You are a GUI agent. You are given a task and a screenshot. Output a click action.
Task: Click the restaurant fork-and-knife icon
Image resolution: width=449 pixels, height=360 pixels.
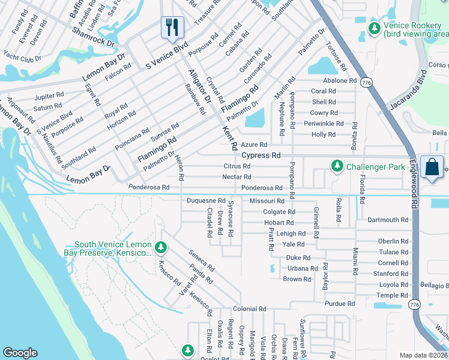[172, 26]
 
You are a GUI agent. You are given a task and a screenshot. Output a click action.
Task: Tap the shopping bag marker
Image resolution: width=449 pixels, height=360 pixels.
[432, 167]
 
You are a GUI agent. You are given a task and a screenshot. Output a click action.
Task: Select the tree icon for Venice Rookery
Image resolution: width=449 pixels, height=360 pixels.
[375, 28]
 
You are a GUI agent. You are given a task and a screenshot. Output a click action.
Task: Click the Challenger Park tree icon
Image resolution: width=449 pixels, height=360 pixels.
[337, 166]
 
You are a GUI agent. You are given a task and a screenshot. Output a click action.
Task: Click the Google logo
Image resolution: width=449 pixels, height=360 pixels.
[20, 353]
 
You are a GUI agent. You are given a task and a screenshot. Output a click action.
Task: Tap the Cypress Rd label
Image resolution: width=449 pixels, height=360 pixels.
[261, 155]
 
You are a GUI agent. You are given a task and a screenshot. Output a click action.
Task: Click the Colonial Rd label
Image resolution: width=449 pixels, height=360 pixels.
[250, 309]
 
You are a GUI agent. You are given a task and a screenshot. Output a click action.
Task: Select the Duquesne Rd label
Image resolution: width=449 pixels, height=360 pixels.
[206, 200]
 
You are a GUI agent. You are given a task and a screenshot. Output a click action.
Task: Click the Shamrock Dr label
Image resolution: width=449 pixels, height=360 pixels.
[93, 37]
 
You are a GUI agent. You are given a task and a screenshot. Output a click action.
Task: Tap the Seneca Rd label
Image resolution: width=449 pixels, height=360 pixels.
[202, 260]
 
